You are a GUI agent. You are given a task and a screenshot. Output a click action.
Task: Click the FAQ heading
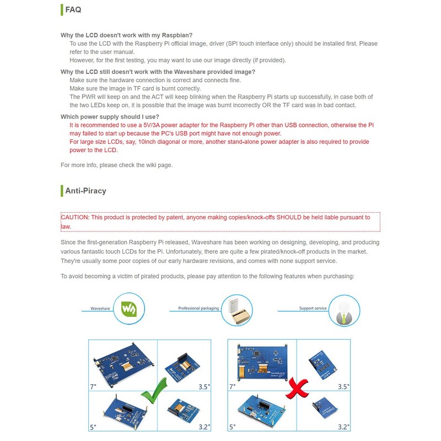coord(73,9)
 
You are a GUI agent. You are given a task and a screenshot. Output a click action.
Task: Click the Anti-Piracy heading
coord(85,191)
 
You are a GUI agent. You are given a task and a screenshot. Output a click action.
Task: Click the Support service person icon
coord(345,310)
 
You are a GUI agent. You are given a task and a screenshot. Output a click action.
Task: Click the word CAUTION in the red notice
coord(74,217)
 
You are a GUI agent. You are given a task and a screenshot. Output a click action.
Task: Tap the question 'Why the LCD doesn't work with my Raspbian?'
coord(127,35)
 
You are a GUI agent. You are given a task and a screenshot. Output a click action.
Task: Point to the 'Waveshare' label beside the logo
coord(100,309)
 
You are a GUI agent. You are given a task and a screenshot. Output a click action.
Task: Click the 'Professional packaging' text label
coord(198,309)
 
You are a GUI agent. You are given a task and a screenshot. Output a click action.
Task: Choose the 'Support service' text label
coord(313,309)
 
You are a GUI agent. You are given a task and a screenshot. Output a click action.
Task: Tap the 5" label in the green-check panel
coord(93,427)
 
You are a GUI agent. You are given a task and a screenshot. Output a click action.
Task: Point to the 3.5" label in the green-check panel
coord(204,387)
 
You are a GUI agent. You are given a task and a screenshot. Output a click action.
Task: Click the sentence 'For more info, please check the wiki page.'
coord(116,165)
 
